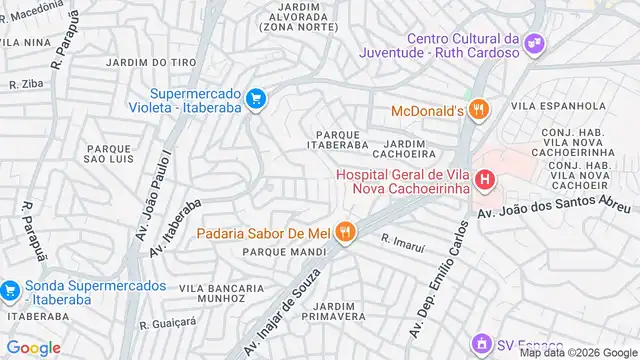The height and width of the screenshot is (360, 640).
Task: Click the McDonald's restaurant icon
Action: tap(478, 110)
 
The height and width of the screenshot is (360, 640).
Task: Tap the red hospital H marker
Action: tap(485, 180)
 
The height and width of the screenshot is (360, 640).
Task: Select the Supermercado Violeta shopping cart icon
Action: tap(257, 98)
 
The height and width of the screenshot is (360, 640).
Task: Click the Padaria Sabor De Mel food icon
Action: tap(345, 232)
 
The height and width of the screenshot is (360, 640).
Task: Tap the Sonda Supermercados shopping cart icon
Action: tap(10, 291)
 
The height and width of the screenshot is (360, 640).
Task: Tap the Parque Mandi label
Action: tap(276, 252)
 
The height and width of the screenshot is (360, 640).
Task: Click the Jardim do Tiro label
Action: tap(156, 62)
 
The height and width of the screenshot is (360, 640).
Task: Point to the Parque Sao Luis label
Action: tap(108, 153)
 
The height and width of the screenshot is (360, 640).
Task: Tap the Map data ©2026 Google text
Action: tap(578, 352)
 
